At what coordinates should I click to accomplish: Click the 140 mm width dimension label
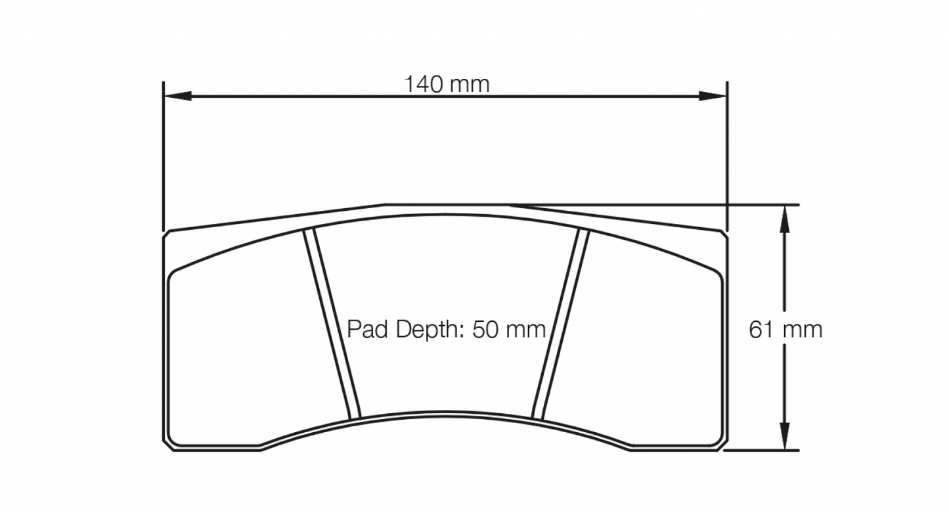coord(447,84)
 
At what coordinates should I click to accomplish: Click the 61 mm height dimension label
coord(785,329)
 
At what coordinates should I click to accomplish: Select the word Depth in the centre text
coord(423,329)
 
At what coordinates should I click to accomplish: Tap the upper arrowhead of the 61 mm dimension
coord(784,219)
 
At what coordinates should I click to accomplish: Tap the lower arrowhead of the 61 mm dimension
coord(784,436)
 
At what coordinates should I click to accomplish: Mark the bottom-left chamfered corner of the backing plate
coord(168,445)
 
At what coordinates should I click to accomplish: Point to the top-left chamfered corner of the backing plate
coord(167,234)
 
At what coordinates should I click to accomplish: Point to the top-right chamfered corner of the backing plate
coord(724,234)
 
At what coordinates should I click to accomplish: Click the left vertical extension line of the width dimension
coord(163,158)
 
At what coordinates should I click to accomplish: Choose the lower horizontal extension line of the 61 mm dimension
coord(762,451)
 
